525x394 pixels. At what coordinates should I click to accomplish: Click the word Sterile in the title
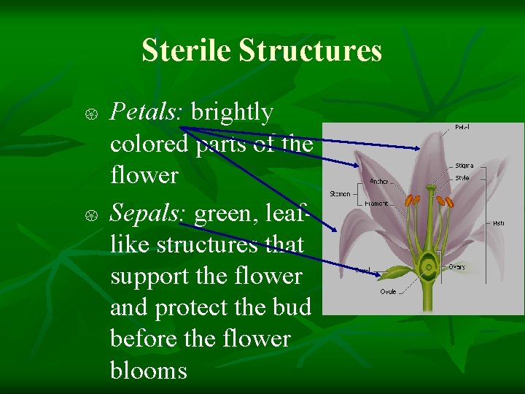click(187, 51)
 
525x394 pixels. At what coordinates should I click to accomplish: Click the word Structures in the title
click(310, 51)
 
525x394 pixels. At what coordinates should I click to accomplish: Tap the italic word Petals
click(149, 112)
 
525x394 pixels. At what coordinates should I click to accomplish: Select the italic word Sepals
click(149, 213)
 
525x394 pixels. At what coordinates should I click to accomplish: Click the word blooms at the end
click(149, 371)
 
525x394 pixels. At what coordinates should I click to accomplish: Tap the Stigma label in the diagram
click(464, 166)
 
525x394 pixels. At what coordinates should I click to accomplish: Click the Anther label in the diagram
click(379, 181)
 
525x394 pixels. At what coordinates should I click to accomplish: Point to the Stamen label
click(340, 194)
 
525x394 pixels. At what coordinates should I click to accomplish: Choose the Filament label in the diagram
click(377, 204)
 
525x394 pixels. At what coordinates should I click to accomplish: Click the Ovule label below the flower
click(388, 292)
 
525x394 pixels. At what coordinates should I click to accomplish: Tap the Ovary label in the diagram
click(456, 267)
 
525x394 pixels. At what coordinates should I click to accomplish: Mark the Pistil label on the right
click(498, 223)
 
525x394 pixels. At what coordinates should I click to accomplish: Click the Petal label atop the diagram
click(462, 128)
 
